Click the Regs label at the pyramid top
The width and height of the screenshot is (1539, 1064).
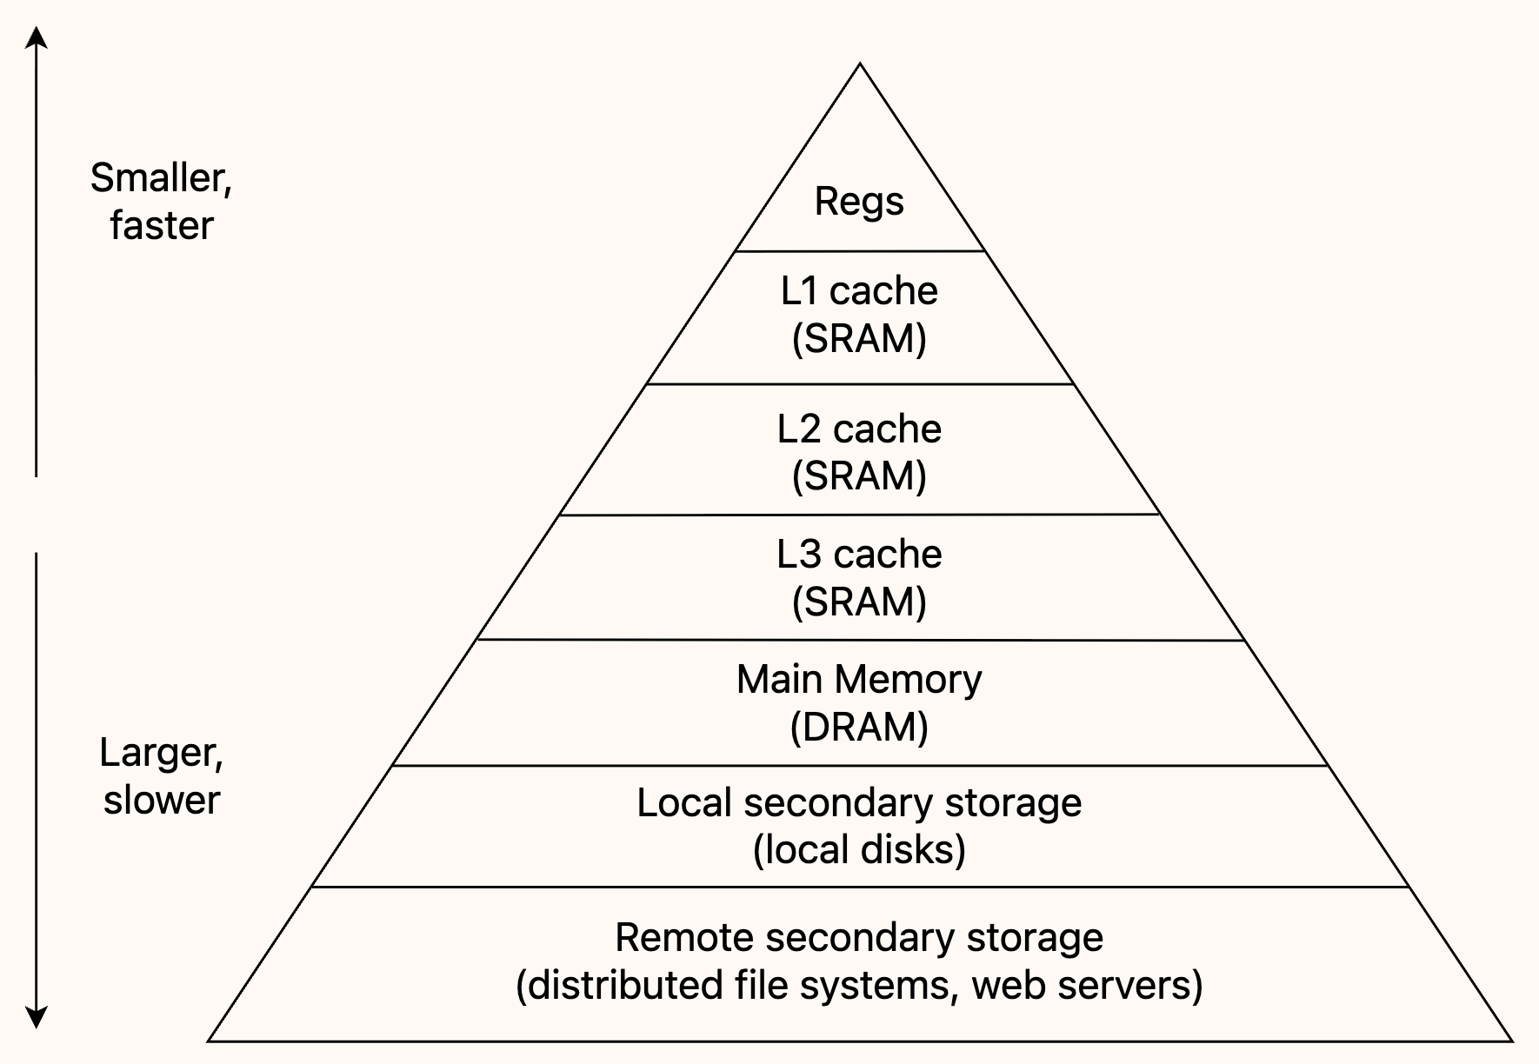(859, 203)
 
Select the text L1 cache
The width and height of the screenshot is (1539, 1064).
(859, 290)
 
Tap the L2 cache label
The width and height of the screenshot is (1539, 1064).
(859, 429)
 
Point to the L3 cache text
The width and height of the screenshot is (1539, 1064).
(859, 554)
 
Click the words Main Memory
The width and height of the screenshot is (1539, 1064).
(859, 679)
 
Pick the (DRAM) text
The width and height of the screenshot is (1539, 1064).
(859, 727)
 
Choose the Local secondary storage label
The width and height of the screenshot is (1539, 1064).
(859, 803)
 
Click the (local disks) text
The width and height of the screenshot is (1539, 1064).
(859, 850)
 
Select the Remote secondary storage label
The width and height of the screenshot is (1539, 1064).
(859, 938)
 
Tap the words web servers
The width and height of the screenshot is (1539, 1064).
(1081, 986)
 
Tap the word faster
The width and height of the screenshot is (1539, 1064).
(162, 226)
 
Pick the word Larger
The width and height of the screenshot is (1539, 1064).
(162, 754)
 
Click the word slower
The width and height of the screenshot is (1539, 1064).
(162, 800)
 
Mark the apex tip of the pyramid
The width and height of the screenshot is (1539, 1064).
(860, 63)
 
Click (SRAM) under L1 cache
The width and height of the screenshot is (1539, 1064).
(859, 338)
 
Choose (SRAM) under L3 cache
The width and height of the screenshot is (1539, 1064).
(859, 602)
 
